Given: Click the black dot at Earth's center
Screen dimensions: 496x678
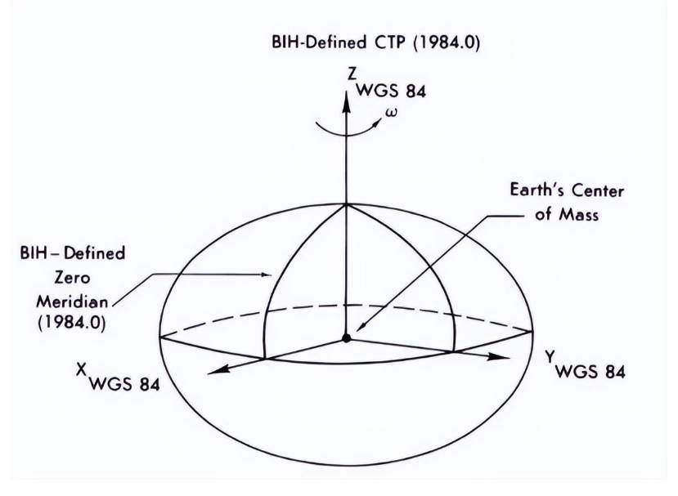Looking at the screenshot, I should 347,337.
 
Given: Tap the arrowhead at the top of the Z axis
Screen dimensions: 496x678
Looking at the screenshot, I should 347,97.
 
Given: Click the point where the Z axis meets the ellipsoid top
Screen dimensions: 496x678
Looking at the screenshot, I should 347,204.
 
